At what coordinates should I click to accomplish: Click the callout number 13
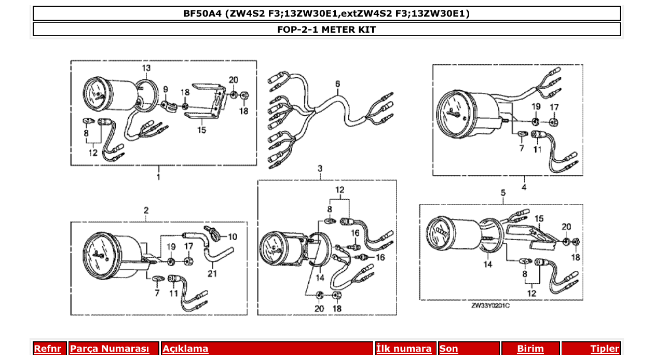[146, 68]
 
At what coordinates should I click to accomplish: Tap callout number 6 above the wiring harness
[337, 84]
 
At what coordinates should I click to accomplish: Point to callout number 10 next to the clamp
[231, 237]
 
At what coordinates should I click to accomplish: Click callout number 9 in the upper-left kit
[166, 89]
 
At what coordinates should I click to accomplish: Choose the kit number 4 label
[524, 187]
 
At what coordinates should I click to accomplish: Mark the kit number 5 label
[503, 193]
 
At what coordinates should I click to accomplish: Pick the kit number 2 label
[146, 211]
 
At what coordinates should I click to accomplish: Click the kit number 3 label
[320, 169]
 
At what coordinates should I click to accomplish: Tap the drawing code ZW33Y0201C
[491, 306]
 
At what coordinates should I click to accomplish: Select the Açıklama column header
[185, 349]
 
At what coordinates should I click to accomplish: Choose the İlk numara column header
[404, 349]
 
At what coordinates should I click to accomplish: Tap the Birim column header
[530, 349]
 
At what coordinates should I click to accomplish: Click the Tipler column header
[605, 349]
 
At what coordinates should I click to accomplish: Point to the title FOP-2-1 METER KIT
[326, 30]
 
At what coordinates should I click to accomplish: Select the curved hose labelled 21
[218, 256]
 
